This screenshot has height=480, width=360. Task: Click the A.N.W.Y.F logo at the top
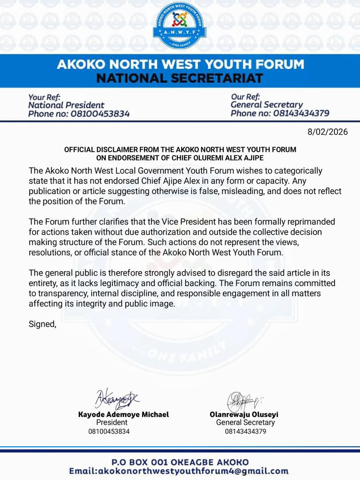coord(180,25)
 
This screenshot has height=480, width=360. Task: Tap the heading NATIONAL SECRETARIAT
coord(180,78)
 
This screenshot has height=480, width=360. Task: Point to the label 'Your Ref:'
coord(44,97)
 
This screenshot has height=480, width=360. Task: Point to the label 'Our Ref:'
coord(245,96)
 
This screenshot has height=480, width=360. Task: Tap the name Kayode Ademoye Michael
coord(124,414)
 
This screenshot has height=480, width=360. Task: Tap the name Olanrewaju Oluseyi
coord(244,414)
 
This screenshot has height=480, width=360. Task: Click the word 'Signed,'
coord(43,324)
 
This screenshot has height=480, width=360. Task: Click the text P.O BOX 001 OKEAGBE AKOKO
coord(180,462)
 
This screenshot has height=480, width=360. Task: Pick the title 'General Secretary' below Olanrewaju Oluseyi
coord(245,423)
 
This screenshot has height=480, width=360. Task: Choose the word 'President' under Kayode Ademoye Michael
coord(112,423)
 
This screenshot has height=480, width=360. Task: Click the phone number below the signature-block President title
coord(109,431)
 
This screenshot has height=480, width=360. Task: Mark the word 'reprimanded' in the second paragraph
coord(314,221)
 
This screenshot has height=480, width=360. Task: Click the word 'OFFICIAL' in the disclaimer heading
coord(83,149)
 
